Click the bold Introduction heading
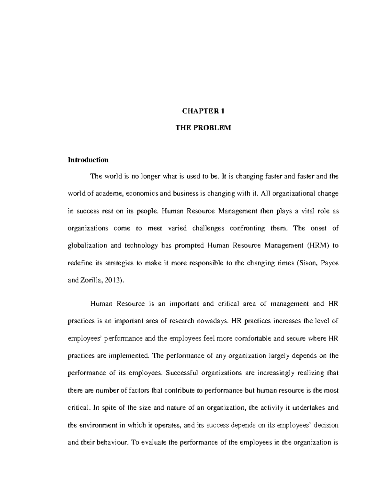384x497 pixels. (88, 160)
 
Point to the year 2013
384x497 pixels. (115, 280)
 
